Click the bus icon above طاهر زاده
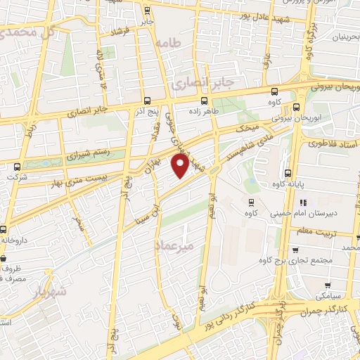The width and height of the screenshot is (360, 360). tap(205, 100)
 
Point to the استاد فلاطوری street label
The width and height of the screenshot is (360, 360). tap(333, 142)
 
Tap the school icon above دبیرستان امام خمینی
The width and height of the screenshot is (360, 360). tap(304, 203)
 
